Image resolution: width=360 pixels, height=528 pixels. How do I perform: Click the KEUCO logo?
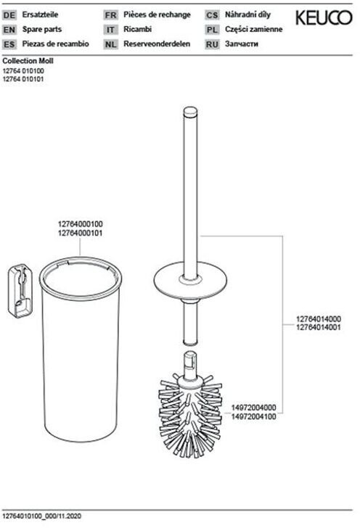point(324,17)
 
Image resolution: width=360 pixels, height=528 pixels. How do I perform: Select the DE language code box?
point(9,15)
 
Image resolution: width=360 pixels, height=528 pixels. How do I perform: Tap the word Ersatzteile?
point(40,15)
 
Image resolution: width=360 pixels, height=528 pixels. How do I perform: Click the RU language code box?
point(212,44)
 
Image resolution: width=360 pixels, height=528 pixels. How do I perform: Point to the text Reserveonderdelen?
point(157,44)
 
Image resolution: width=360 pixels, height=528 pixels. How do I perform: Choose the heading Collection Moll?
point(28,61)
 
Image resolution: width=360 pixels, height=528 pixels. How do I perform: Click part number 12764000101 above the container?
point(81,233)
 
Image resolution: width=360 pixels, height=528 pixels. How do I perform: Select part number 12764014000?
point(319,318)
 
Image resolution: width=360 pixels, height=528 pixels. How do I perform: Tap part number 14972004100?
point(253,416)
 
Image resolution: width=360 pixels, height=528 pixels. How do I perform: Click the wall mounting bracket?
point(20,291)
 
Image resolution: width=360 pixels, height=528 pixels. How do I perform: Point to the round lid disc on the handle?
point(190,280)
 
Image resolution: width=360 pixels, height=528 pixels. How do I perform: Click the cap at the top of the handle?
point(190,111)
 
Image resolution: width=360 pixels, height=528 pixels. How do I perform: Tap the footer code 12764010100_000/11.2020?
point(42,516)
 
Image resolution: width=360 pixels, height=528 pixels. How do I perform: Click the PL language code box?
point(212,30)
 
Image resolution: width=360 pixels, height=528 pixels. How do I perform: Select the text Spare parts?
point(42,29)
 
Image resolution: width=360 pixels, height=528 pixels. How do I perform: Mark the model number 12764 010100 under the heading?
point(23,71)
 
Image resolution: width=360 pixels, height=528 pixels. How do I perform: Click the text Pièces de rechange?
point(157,15)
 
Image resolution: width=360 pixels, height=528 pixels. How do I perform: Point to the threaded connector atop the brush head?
point(190,364)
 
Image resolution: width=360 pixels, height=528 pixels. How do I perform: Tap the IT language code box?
point(110,30)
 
